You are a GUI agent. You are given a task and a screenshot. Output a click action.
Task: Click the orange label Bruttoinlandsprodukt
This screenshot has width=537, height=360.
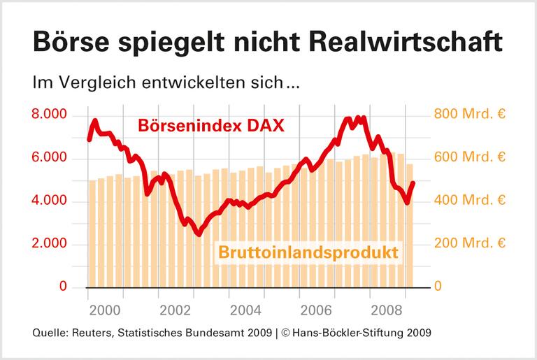pyautogui.click(x=312, y=252)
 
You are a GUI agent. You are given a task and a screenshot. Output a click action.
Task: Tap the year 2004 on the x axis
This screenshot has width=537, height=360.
pyautogui.click(x=247, y=308)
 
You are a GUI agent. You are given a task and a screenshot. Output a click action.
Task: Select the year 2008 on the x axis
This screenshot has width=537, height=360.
pyautogui.click(x=389, y=308)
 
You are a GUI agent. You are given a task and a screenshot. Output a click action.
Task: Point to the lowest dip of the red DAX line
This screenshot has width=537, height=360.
pyautogui.click(x=199, y=234)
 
